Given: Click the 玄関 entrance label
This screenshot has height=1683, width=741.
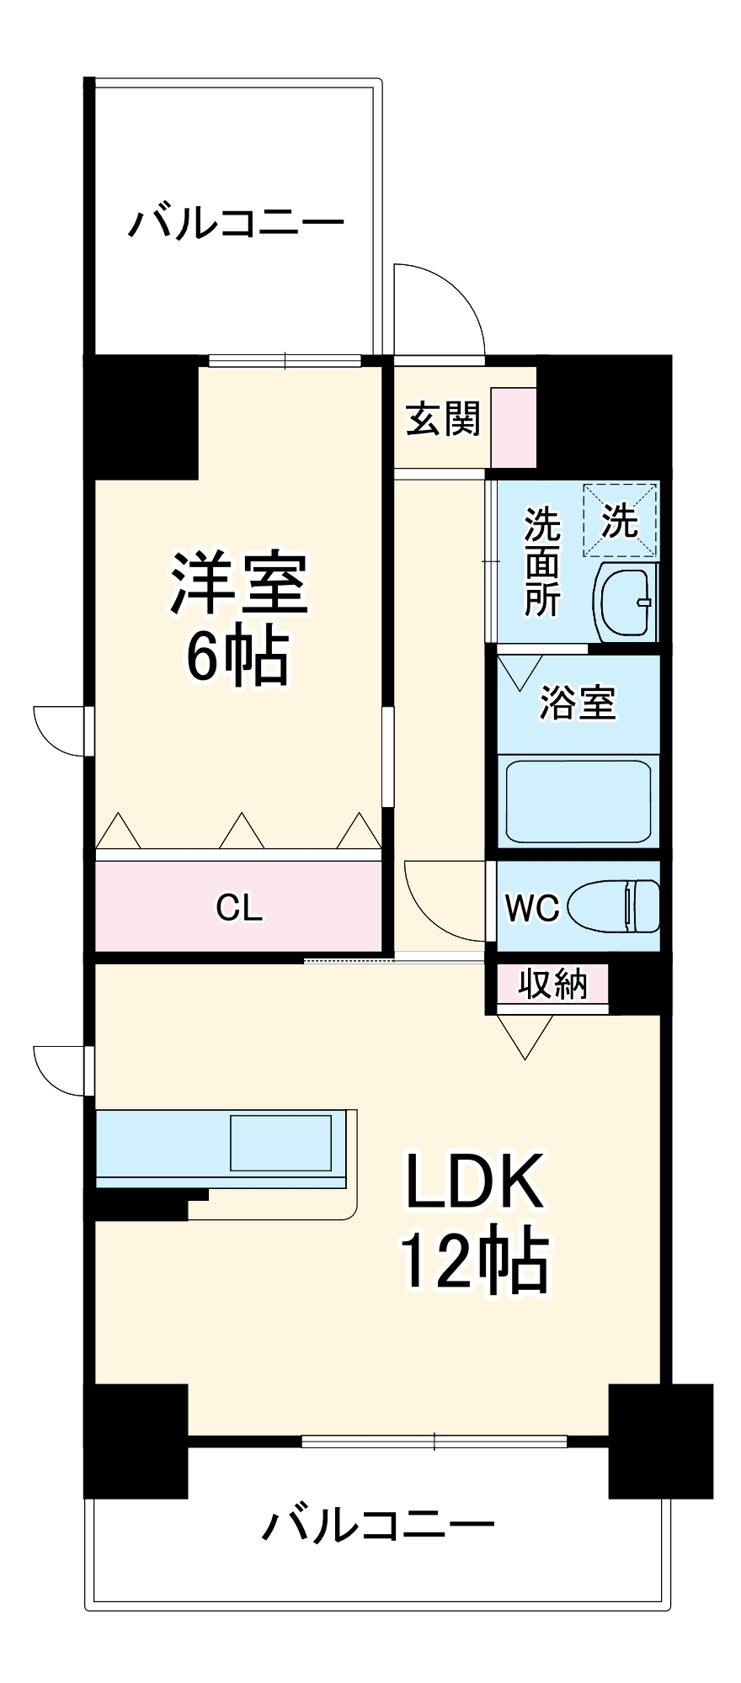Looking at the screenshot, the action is [x=443, y=419].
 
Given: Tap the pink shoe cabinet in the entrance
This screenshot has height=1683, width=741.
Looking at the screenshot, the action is [x=514, y=427].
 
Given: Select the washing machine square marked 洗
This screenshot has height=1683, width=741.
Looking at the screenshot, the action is [x=621, y=519].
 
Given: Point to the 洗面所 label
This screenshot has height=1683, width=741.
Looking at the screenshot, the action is [x=543, y=561].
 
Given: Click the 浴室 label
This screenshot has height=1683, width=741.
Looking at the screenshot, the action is [x=578, y=702].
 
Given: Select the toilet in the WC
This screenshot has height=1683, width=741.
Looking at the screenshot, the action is [x=614, y=906].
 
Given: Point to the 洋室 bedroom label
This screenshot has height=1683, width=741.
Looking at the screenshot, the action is [x=240, y=583].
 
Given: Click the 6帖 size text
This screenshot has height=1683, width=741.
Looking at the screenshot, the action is [x=238, y=656].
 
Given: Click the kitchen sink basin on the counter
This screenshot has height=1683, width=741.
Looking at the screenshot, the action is [x=281, y=1143].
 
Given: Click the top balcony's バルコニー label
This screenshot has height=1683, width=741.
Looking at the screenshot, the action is [x=237, y=225].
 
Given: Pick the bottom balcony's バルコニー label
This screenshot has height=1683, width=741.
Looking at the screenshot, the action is [x=378, y=1523].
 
